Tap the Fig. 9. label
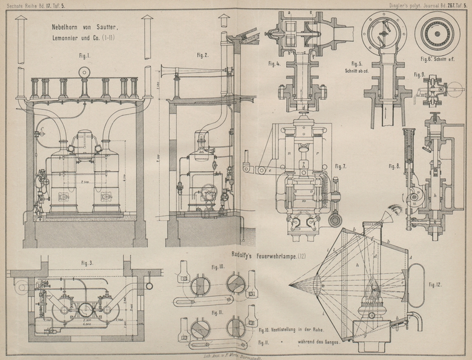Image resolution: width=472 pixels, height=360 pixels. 418,74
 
